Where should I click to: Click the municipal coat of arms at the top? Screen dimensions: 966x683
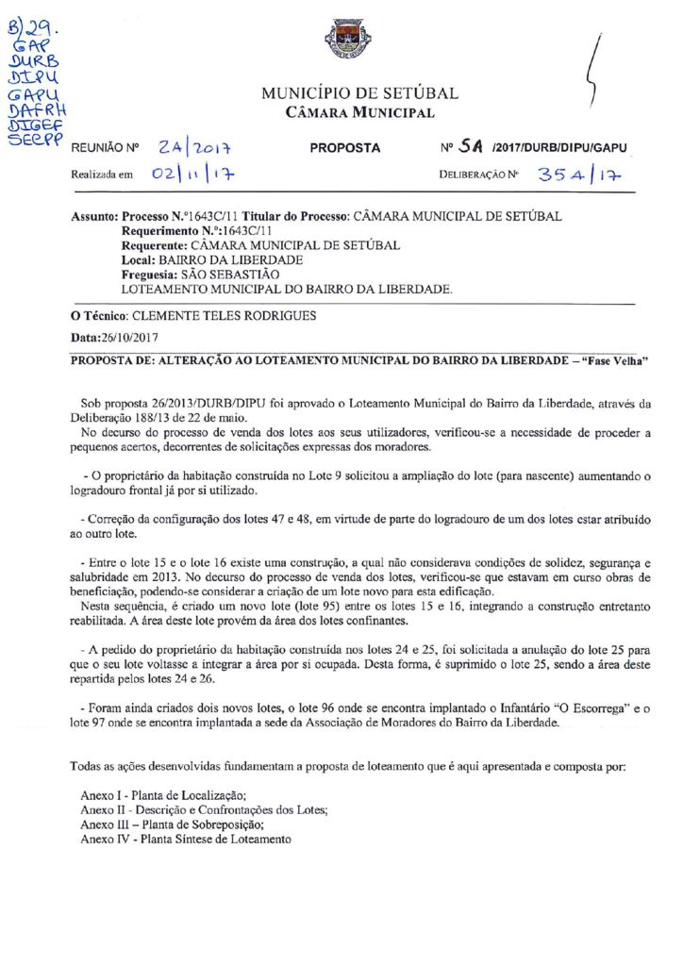[341, 40]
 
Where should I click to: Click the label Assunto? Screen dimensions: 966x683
[96, 216]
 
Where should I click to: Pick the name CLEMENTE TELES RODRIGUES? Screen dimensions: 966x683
[224, 316]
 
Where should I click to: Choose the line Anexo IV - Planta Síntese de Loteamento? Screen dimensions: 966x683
[186, 839]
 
